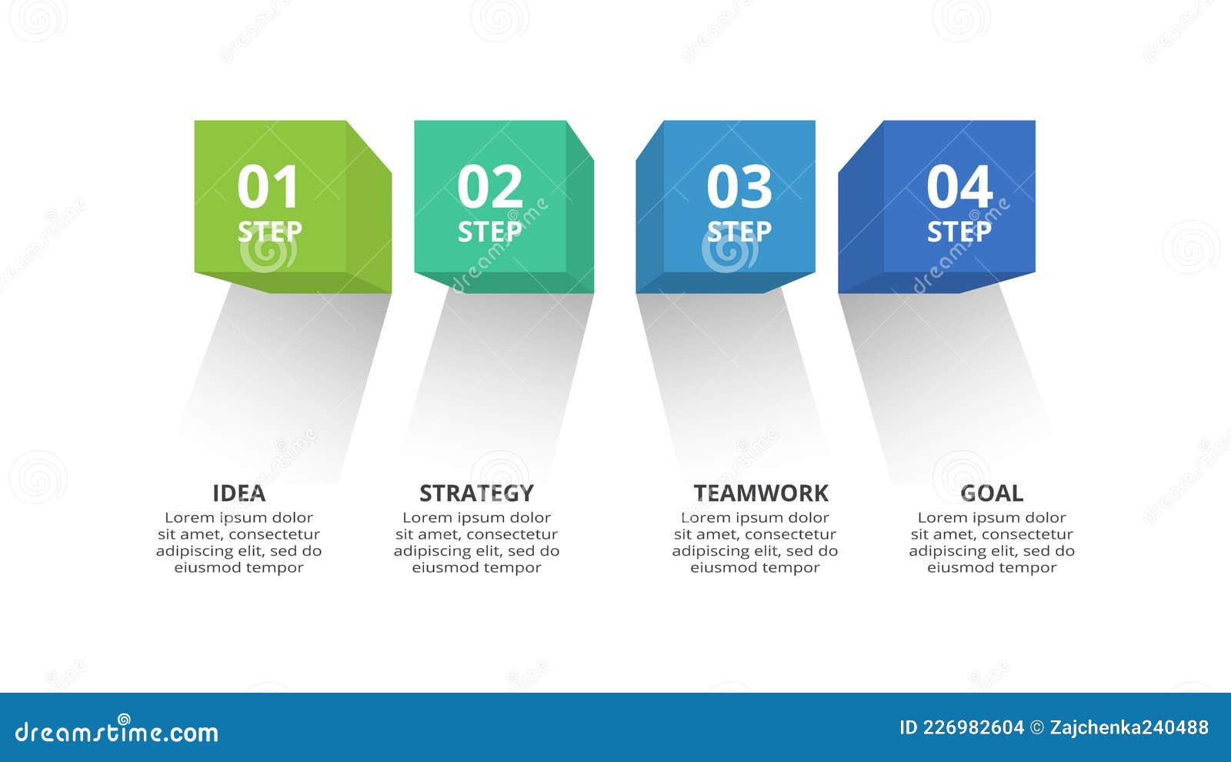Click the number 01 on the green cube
pyautogui.click(x=268, y=188)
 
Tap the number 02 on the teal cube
pyautogui.click(x=489, y=188)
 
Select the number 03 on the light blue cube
pyautogui.click(x=739, y=188)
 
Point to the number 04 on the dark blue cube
pyautogui.click(x=959, y=188)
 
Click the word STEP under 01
pyautogui.click(x=269, y=232)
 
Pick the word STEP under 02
pyautogui.click(x=489, y=232)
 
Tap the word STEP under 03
pyautogui.click(x=739, y=232)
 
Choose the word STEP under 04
pyautogui.click(x=959, y=232)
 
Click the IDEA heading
pyautogui.click(x=239, y=493)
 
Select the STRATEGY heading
pyautogui.click(x=476, y=493)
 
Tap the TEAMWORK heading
pyautogui.click(x=761, y=493)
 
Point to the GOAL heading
pyautogui.click(x=992, y=493)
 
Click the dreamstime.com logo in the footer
pyautogui.click(x=117, y=732)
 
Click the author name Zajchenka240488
pyautogui.click(x=1129, y=727)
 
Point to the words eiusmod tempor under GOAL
pyautogui.click(x=992, y=568)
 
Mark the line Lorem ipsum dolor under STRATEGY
pyautogui.click(x=476, y=518)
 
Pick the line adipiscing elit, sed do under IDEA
pyautogui.click(x=239, y=551)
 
